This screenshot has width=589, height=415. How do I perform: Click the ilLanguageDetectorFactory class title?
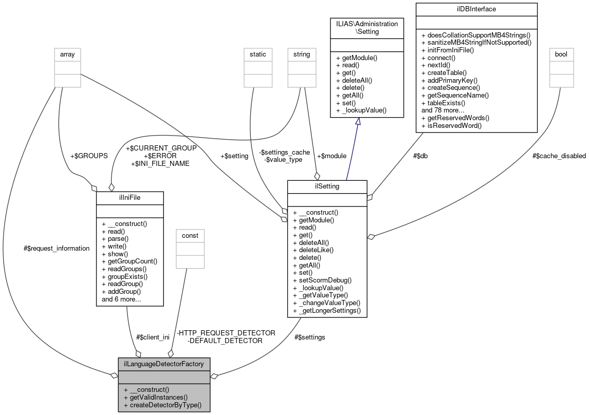click(164, 364)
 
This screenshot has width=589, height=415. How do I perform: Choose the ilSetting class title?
click(327, 186)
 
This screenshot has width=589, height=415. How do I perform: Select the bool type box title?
click(561, 54)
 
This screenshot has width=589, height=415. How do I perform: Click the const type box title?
click(190, 235)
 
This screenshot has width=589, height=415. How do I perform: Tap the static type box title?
click(257, 54)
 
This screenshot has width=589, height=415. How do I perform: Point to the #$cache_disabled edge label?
click(559, 156)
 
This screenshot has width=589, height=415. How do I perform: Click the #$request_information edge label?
click(57, 248)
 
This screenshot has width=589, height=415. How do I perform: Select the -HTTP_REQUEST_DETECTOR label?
click(226, 333)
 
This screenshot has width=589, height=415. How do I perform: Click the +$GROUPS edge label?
click(88, 155)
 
